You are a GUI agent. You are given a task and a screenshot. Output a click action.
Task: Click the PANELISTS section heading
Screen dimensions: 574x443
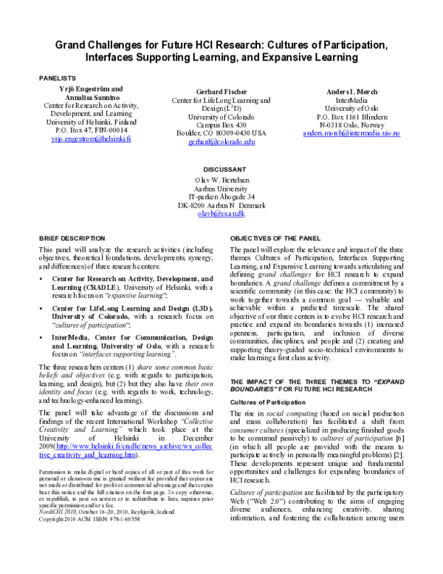(x=58, y=77)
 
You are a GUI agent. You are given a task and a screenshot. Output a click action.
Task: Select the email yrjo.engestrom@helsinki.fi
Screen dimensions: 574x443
(x=91, y=139)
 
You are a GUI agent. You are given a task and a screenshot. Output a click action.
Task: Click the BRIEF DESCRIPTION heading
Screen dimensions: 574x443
(x=72, y=239)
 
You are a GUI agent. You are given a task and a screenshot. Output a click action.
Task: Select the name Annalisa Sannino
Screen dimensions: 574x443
(x=91, y=98)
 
